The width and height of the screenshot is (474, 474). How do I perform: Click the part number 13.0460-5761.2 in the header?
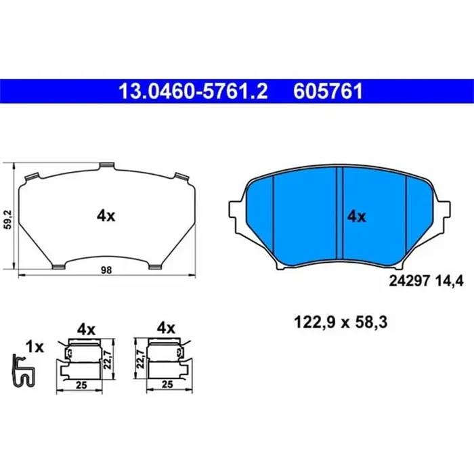[194, 89]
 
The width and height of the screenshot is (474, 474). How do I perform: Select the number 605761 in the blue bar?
[327, 89]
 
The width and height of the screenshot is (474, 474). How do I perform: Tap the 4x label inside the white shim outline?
[106, 216]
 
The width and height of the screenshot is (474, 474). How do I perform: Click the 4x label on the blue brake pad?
[356, 217]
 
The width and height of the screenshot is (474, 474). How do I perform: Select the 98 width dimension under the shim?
[106, 270]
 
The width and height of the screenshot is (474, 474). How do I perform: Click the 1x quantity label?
[34, 347]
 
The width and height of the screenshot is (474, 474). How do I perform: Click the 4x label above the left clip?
[85, 329]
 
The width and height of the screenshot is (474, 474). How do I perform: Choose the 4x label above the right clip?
[166, 328]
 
